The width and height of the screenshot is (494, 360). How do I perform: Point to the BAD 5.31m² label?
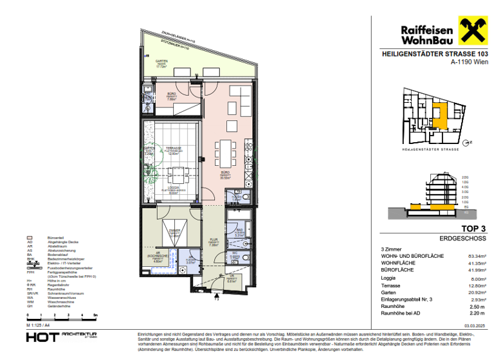pyautogui.click(x=239, y=233)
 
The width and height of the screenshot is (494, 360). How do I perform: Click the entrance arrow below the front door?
pyautogui.click(x=217, y=296)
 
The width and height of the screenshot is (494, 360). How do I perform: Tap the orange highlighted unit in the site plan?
pyautogui.click(x=440, y=116)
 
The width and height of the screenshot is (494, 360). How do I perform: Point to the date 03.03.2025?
pyautogui.click(x=475, y=326)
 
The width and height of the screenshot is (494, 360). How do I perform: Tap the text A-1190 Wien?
pyautogui.click(x=470, y=62)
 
